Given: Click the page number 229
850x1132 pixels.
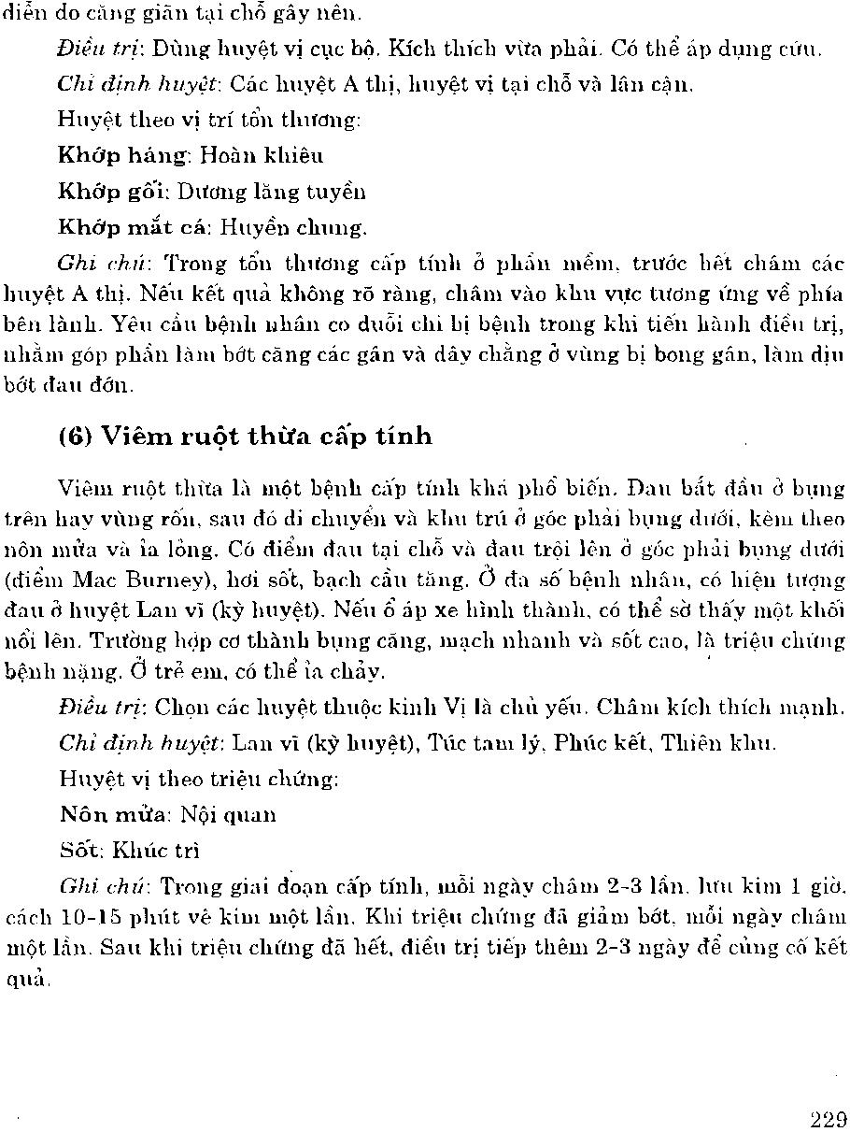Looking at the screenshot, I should click(829, 1119).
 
